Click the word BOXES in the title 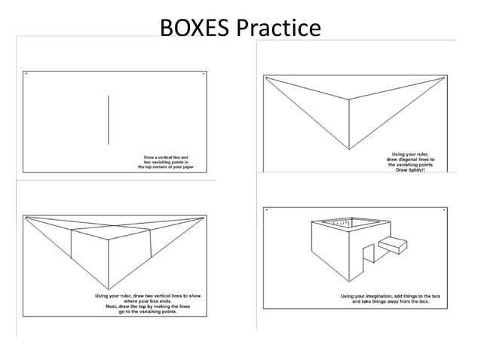[x=195, y=29]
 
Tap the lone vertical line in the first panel [x=109, y=120]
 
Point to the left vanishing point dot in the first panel [x=26, y=74]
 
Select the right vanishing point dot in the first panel [x=203, y=74]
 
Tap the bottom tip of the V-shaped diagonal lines [x=349, y=149]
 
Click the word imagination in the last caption [x=388, y=296]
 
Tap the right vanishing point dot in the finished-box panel [x=445, y=209]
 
